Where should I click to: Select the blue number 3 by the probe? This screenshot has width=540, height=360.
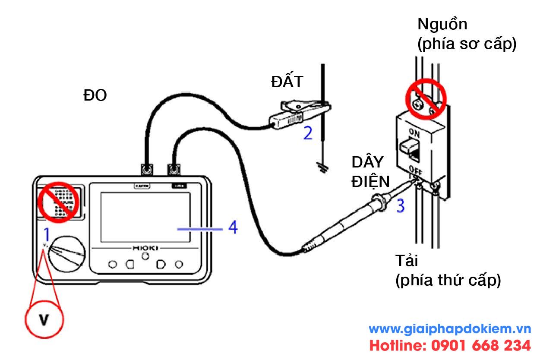coord(401,205)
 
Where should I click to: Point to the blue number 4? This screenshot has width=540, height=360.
coord(233,227)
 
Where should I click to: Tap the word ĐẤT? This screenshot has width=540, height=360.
coord(288,82)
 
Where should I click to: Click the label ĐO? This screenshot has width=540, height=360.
coord(95,96)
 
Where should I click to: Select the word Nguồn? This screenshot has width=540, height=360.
coord(442,25)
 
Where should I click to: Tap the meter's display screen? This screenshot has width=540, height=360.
coord(145,217)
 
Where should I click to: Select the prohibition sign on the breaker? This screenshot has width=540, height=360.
coord(425,98)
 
